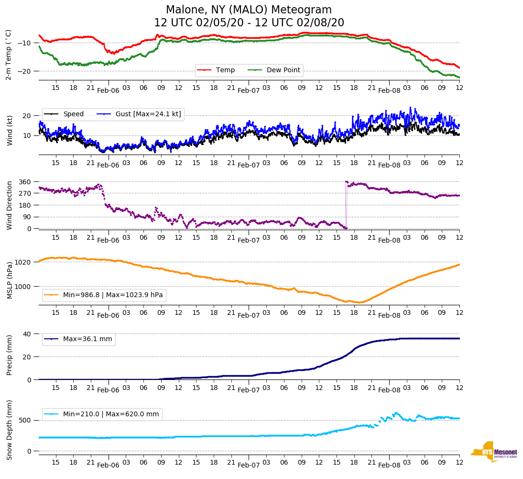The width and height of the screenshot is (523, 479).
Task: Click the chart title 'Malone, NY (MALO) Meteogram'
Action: pyautogui.click(x=249, y=10)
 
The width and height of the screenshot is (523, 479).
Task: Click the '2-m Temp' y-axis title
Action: pyautogui.click(x=8, y=55)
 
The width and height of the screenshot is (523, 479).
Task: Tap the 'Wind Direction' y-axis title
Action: pyautogui.click(x=9, y=205)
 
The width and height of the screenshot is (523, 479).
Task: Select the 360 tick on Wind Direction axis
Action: pyautogui.click(x=25, y=182)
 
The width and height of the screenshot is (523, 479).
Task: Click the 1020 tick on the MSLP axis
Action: pyautogui.click(x=23, y=262)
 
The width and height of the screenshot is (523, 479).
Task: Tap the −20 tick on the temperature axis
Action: pyautogui.click(x=24, y=71)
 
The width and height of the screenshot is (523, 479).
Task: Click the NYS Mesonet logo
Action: pyautogui.click(x=494, y=451)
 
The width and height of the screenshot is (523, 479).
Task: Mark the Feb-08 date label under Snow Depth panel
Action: pyautogui.click(x=389, y=465)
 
